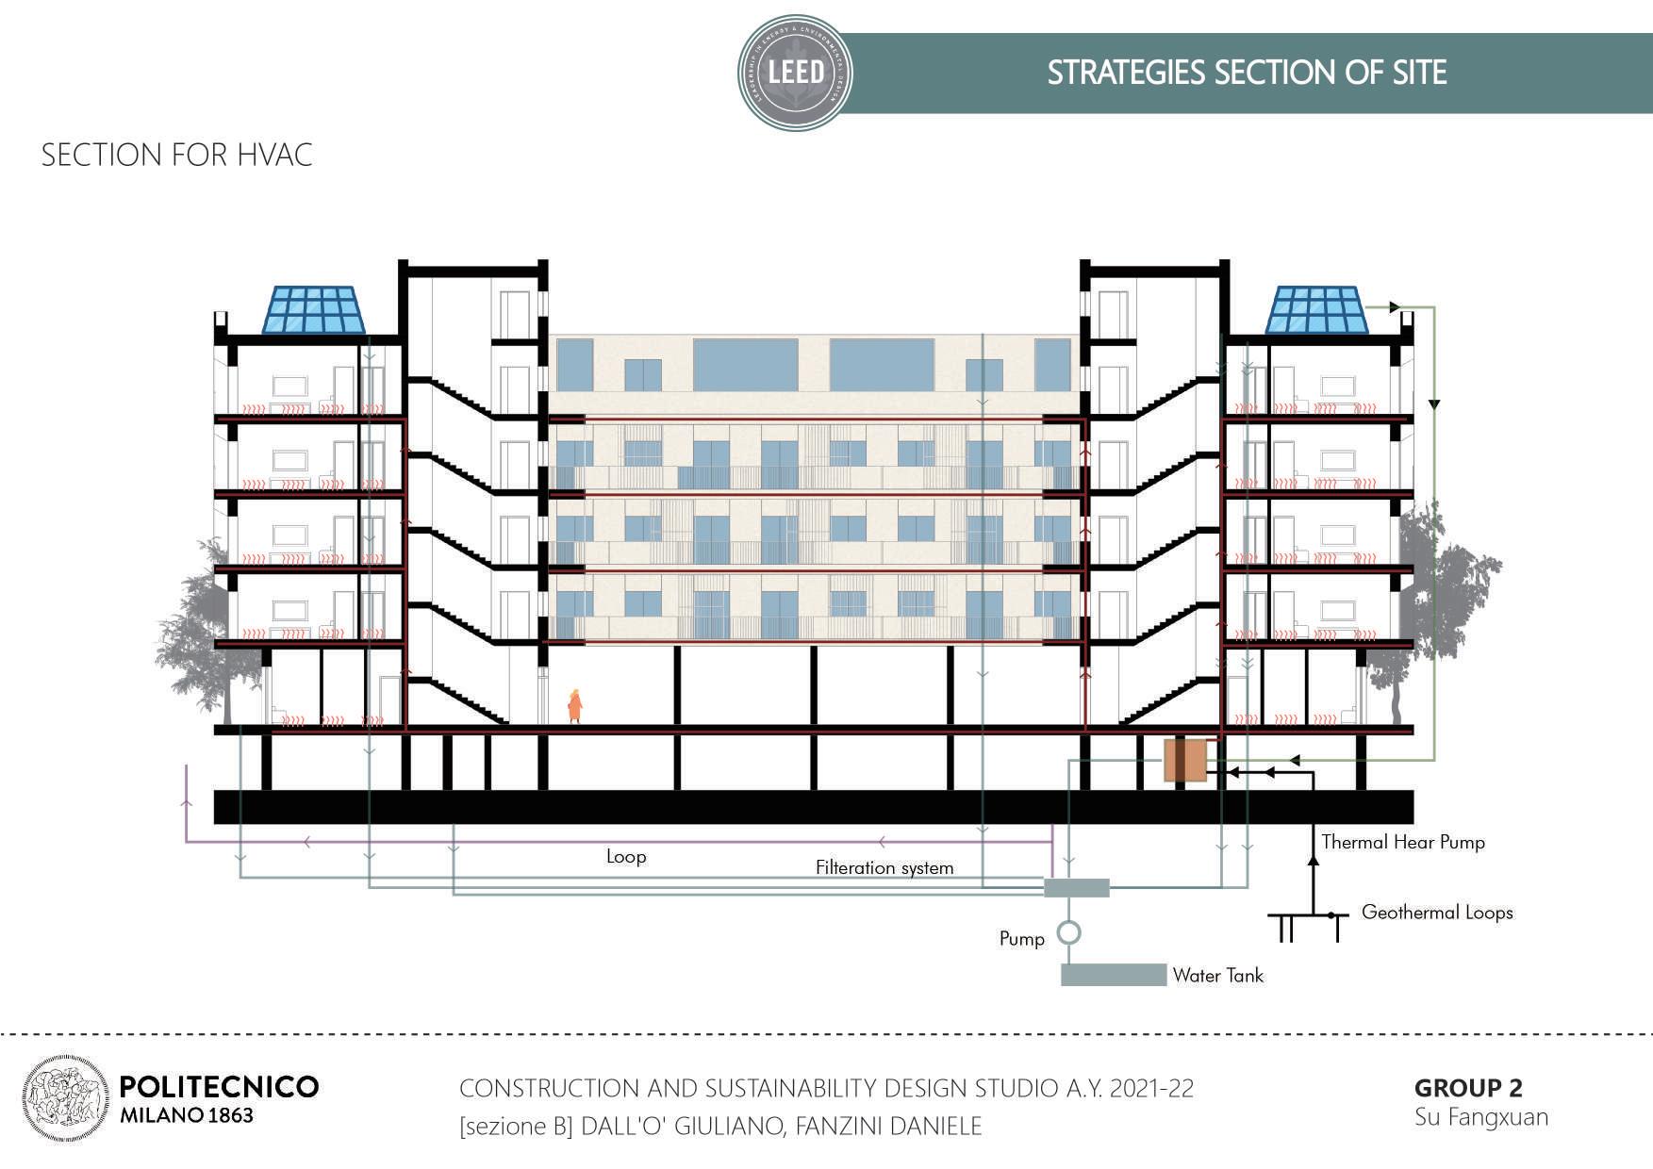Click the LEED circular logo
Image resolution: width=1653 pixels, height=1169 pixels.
(x=795, y=72)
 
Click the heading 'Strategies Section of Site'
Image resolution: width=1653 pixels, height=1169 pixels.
(x=1247, y=73)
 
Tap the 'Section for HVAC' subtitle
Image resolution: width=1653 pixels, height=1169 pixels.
(x=176, y=155)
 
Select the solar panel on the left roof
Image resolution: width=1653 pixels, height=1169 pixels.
(x=313, y=310)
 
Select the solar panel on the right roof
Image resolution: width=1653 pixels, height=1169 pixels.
(x=1316, y=310)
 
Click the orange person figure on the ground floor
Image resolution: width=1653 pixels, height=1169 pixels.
(x=574, y=706)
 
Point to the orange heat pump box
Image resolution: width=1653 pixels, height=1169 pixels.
(x=1185, y=761)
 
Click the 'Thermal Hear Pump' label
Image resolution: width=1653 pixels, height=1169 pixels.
(x=1402, y=842)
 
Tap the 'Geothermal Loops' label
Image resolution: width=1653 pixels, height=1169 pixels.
(x=1436, y=913)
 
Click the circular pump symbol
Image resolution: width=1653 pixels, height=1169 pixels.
(x=1068, y=933)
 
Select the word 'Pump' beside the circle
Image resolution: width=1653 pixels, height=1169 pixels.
(x=1022, y=939)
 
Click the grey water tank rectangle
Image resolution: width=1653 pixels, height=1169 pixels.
(x=1113, y=975)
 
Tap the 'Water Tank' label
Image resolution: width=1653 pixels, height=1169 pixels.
(x=1217, y=976)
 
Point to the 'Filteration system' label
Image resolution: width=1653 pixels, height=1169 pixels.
(x=884, y=867)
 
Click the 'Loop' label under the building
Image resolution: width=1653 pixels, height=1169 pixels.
(x=626, y=857)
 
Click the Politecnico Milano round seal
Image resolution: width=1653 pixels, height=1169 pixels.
(x=65, y=1099)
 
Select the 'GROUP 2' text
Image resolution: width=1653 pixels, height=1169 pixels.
(x=1467, y=1088)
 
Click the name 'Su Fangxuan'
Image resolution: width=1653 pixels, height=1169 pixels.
(x=1480, y=1117)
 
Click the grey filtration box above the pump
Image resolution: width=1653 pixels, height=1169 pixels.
(x=1077, y=887)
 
